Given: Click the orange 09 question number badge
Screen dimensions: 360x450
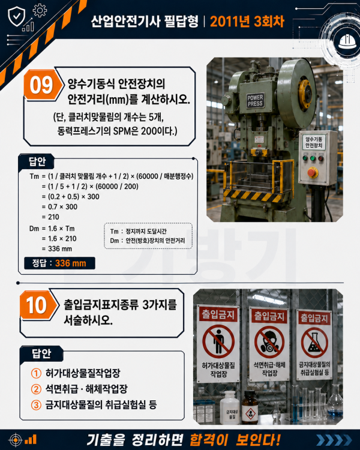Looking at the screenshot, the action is [x=42, y=85].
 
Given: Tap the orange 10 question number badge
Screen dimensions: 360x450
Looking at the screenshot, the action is [x=37, y=305].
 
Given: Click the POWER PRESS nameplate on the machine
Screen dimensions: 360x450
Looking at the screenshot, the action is [x=255, y=100].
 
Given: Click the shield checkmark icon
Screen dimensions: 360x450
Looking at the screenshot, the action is [x=16, y=16].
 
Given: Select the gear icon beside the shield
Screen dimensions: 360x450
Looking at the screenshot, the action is [x=40, y=11].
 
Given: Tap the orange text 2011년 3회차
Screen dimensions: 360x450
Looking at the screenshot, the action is [x=247, y=21].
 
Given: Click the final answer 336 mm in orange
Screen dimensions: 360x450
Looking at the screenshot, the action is [x=71, y=263].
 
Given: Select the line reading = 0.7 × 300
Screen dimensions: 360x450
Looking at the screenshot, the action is [x=59, y=206].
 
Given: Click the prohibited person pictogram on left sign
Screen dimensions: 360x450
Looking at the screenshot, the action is [x=218, y=341].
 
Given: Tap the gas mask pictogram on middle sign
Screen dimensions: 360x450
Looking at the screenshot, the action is [x=269, y=342].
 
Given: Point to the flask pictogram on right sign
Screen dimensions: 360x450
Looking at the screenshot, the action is [x=314, y=343].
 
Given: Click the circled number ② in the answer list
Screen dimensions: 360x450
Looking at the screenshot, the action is [x=36, y=389].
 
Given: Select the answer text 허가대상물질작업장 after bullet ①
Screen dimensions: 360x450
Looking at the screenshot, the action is [x=83, y=373].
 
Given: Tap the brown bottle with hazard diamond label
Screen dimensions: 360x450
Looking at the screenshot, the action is [x=250, y=407].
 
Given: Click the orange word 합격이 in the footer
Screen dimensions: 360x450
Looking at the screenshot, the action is [x=209, y=440].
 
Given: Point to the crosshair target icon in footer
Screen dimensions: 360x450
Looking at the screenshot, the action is [x=16, y=440].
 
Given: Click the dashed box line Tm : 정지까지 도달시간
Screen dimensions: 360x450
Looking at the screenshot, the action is [x=138, y=232].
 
